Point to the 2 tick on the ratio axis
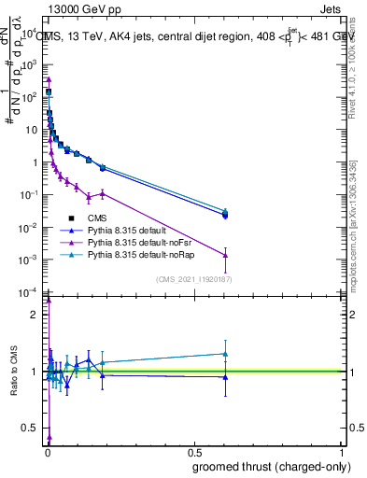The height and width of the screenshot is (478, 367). pyautogui.click(x=33, y=315)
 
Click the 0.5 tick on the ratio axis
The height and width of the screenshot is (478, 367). pyautogui.click(x=30, y=428)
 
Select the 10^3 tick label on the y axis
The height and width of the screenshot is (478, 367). pyautogui.click(x=28, y=64)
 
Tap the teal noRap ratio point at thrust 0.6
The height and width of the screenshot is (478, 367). pyautogui.click(x=225, y=354)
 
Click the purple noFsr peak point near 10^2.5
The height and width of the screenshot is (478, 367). pyautogui.click(x=49, y=80)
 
